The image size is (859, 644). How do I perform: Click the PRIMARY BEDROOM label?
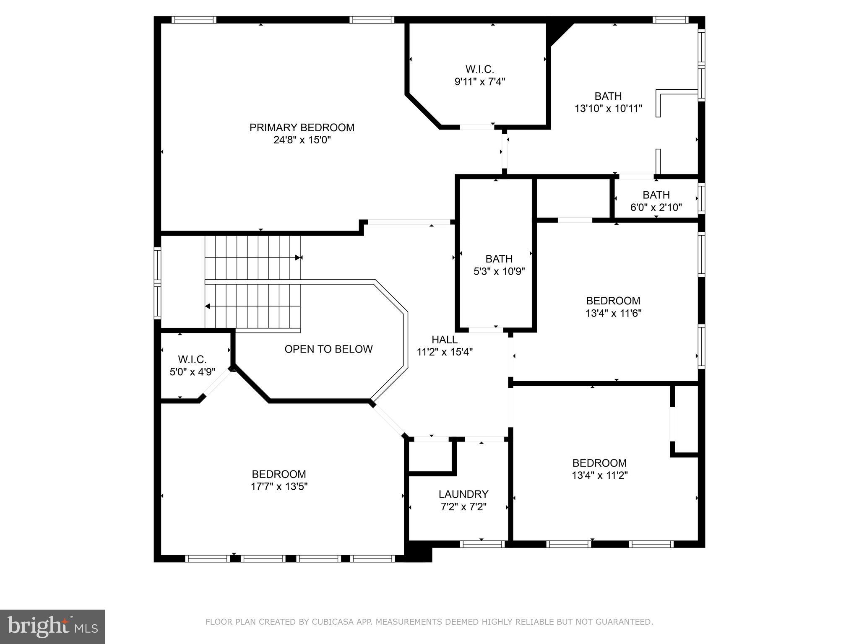302,127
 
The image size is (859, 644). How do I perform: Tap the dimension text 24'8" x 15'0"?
302,140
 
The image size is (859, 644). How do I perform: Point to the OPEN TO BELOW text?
328,349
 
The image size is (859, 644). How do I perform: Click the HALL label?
444,340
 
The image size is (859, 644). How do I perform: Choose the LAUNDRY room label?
463,494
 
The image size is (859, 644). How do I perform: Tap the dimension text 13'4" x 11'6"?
613,313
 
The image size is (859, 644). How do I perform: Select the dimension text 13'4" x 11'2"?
599,475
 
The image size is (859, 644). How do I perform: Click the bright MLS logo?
52,626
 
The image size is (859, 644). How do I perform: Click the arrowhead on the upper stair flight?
298,257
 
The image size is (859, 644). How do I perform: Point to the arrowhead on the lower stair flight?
208,306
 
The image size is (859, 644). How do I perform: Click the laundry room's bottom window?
482,544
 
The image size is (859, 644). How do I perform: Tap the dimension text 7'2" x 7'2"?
463,507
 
